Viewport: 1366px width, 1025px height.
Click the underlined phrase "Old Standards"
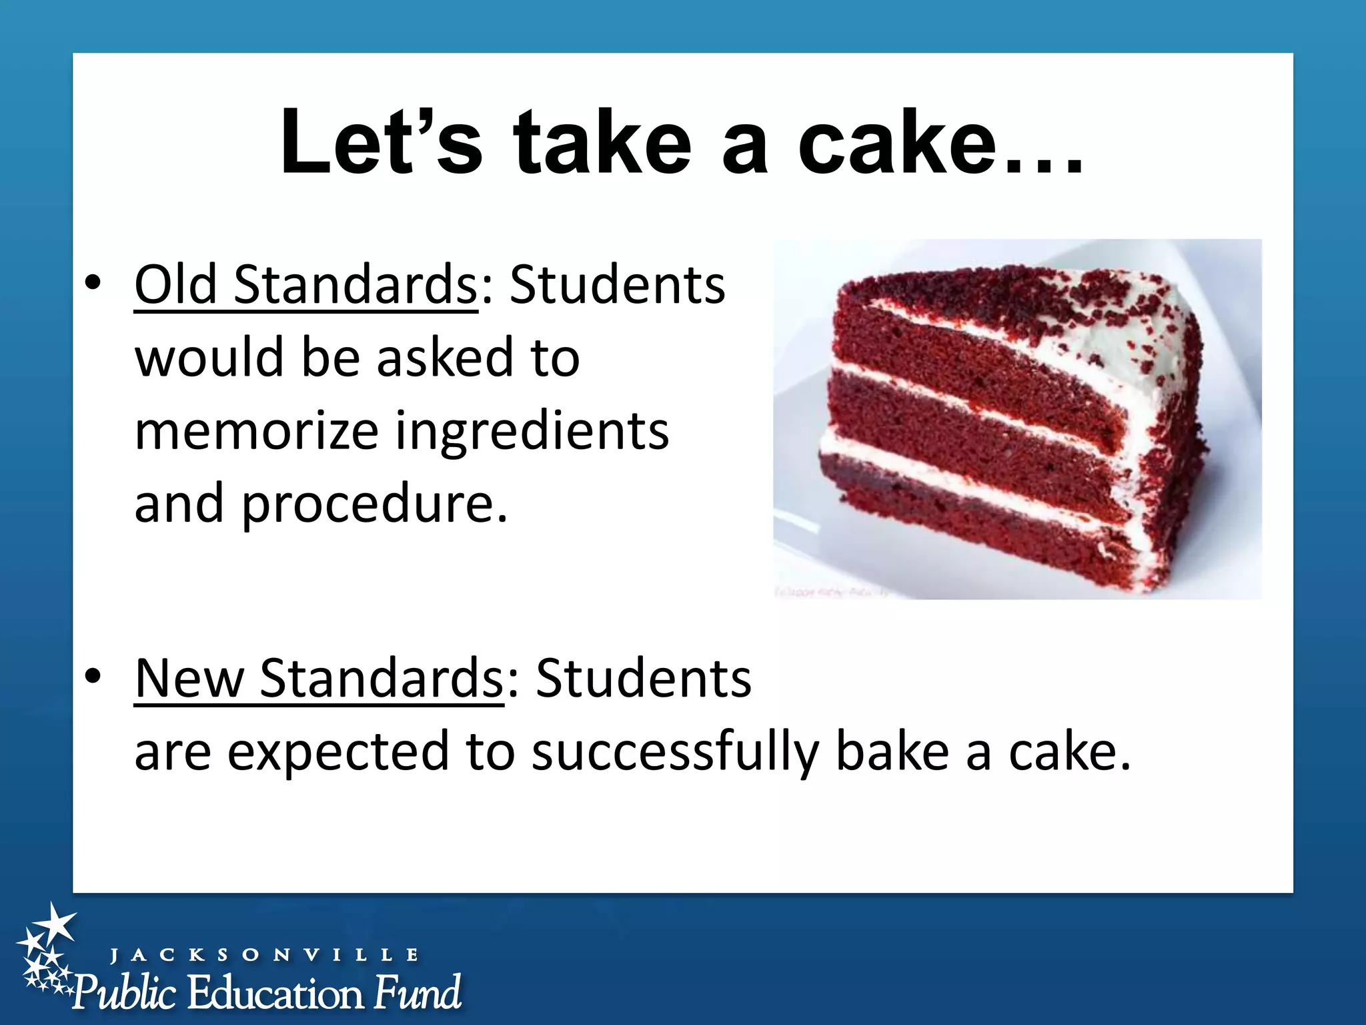tap(305, 285)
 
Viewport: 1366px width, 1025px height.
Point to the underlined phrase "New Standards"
tap(319, 679)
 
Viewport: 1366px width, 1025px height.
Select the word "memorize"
tap(257, 432)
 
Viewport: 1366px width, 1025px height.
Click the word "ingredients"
tap(532, 432)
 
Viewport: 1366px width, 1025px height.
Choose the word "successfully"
tap(675, 753)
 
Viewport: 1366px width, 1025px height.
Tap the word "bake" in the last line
tap(892, 751)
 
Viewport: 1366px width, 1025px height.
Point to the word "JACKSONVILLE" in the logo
tap(264, 955)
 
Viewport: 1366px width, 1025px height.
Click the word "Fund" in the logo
tap(417, 993)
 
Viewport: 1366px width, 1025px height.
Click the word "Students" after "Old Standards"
tap(618, 285)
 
